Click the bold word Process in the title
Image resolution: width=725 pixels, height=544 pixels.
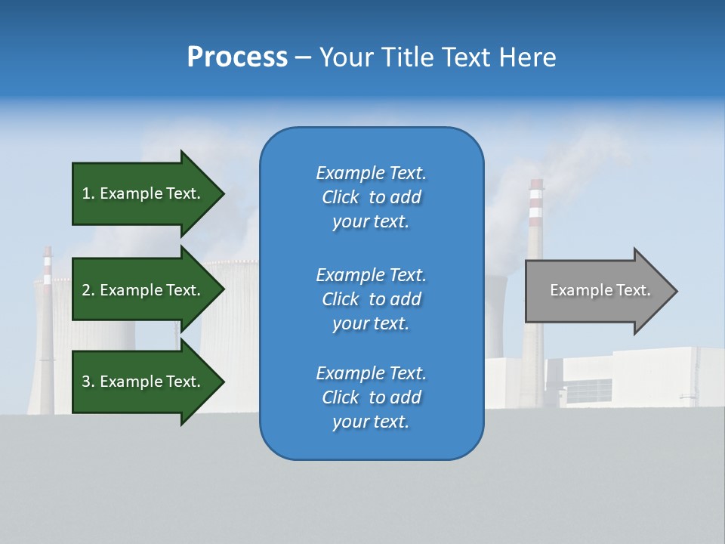237,57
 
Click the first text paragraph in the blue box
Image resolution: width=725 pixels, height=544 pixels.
371,197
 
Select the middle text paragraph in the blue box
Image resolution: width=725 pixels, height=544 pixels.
371,299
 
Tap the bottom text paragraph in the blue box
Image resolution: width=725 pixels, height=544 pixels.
371,397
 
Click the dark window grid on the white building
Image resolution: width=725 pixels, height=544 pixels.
588,391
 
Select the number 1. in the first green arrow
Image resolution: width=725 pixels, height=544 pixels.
88,194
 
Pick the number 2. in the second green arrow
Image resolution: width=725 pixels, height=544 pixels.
88,290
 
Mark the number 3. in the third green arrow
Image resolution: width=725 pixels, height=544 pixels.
88,382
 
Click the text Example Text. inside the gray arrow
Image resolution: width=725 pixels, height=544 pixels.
600,290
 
